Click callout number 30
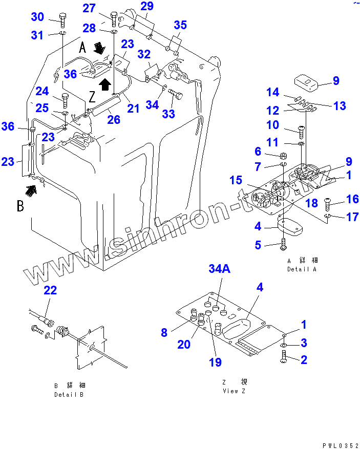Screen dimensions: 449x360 click(37, 17)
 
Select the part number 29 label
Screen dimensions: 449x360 click(147, 7)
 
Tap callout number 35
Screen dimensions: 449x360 click(180, 25)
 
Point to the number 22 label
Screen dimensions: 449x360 click(50, 290)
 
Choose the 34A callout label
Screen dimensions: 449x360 click(219, 269)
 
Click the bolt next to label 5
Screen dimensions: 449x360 click(283, 244)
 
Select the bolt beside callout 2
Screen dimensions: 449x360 click(285, 360)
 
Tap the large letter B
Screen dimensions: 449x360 click(20, 206)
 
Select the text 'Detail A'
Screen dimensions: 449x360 click(302, 269)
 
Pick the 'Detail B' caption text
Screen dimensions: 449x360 click(68, 395)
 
